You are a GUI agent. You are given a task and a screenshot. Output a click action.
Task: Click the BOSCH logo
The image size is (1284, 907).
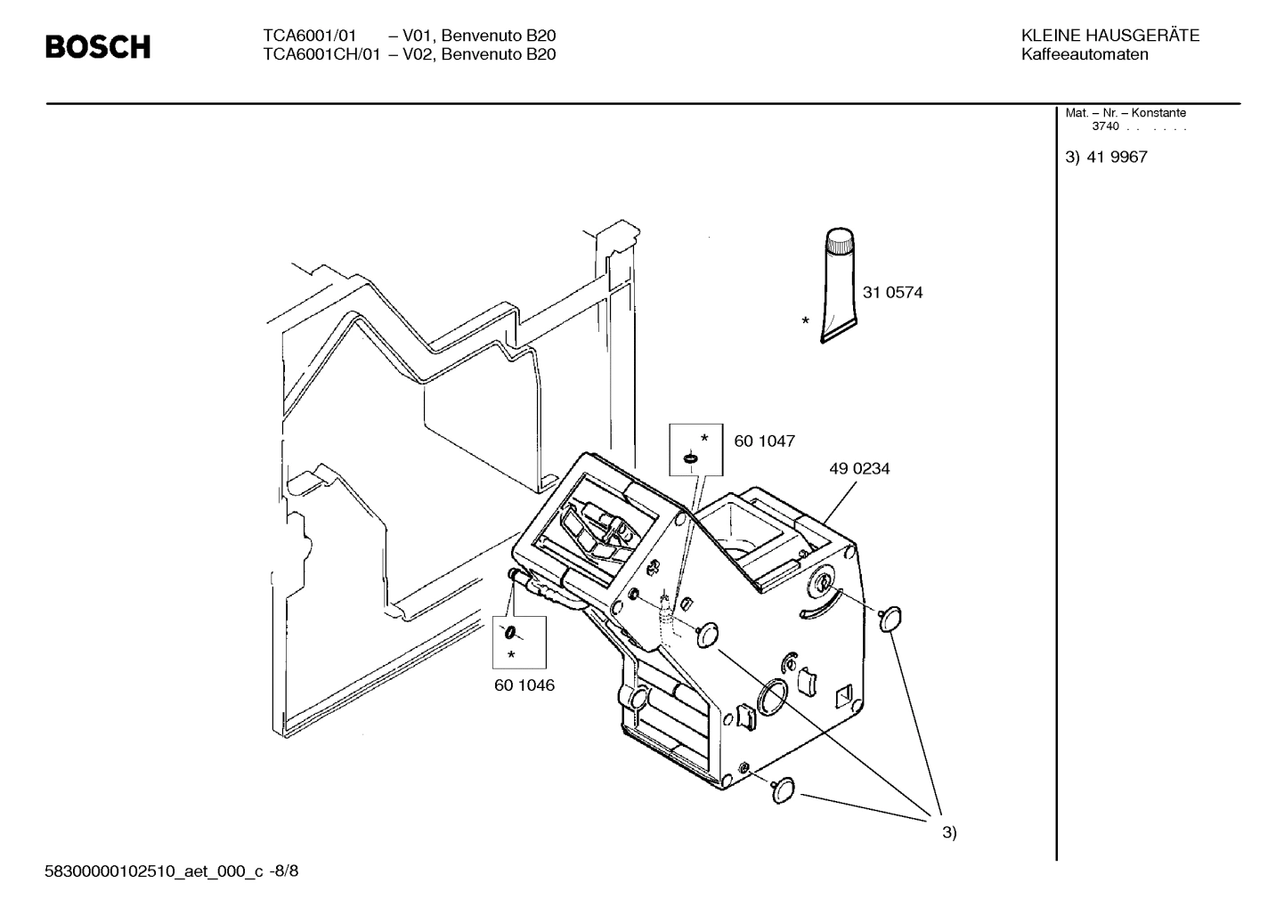[x=98, y=46]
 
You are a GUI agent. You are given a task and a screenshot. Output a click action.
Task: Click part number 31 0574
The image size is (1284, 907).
[x=892, y=292]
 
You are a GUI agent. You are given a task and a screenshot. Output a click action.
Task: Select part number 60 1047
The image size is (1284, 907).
[x=764, y=441]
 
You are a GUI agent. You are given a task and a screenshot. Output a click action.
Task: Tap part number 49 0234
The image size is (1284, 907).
[x=859, y=468]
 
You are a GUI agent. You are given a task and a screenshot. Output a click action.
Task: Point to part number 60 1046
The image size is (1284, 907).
[x=524, y=685]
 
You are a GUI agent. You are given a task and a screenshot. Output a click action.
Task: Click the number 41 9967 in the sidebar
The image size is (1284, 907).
[x=1117, y=158]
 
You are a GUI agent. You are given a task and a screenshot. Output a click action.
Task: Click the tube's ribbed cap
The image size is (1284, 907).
[x=839, y=240]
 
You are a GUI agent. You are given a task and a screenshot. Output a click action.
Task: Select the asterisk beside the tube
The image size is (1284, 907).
[x=805, y=321]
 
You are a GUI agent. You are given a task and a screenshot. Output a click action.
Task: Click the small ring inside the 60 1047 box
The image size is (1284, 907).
[x=689, y=458]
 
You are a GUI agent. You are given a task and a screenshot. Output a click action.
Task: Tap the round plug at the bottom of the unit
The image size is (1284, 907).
[x=784, y=790]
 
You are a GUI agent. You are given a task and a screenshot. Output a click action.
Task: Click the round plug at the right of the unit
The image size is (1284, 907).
[x=890, y=618]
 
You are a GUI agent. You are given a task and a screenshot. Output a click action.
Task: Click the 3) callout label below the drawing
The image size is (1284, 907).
[x=949, y=833]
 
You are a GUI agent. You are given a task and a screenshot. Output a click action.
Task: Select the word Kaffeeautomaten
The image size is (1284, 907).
[x=1085, y=54]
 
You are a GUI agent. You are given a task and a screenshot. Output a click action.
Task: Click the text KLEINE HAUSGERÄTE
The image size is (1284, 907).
[x=1109, y=36]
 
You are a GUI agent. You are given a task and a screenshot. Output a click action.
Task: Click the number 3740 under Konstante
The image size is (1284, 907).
[x=1105, y=126]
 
